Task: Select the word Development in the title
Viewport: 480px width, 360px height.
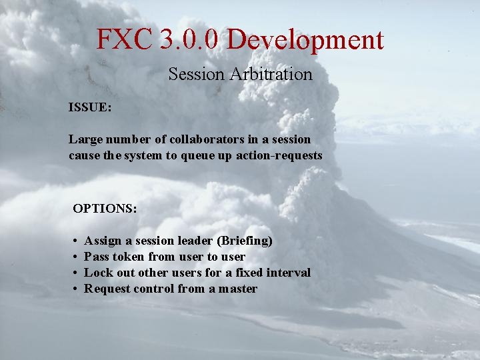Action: tap(305, 40)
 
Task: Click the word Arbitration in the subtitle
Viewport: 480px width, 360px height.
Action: tap(271, 74)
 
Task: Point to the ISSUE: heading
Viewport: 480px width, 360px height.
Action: tap(90, 107)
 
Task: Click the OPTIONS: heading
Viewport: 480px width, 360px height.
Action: tap(105, 208)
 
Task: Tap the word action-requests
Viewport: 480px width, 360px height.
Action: tap(279, 155)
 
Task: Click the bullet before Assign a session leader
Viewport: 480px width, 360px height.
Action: tap(77, 241)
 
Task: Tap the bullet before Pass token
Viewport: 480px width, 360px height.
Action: tap(77, 257)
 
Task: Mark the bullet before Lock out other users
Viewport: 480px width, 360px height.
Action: tap(77, 273)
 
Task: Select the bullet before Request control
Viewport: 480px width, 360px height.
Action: tap(77, 289)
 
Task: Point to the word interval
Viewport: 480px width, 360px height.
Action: tap(288, 272)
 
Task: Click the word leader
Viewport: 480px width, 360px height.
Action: tap(195, 240)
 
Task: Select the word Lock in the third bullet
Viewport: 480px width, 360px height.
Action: tap(98, 272)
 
